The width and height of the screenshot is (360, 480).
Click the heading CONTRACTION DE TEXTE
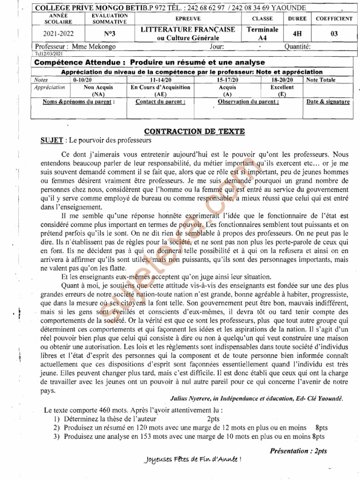coord(194,131)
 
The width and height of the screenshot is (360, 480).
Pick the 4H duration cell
coord(297,34)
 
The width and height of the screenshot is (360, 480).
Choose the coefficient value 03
coord(334,34)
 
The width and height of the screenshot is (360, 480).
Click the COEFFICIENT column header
coord(334,19)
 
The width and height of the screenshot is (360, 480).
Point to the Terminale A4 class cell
coord(262,34)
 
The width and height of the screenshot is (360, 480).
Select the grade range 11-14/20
coord(160,80)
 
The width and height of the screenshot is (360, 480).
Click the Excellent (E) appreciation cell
coord(282,90)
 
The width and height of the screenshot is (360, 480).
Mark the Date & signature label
coord(328,102)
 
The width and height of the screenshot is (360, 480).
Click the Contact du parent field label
coord(160,102)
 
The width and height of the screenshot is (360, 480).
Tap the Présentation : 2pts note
coord(299,450)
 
